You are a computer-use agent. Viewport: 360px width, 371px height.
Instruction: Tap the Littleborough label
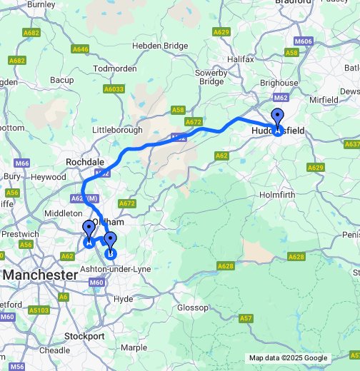tap(119, 131)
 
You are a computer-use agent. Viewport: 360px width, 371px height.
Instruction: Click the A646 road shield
tap(81, 49)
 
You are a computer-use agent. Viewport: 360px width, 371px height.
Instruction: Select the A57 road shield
tap(246, 317)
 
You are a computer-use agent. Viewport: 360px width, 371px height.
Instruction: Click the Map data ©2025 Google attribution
tap(288, 357)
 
